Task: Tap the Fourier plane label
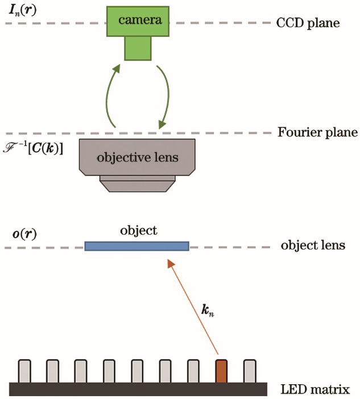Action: click(x=317, y=133)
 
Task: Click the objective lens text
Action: click(x=137, y=157)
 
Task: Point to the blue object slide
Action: click(x=136, y=246)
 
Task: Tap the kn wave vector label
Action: click(x=209, y=310)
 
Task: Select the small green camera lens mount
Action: click(x=138, y=48)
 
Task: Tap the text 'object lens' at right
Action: click(x=313, y=247)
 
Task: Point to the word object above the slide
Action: click(x=138, y=231)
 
